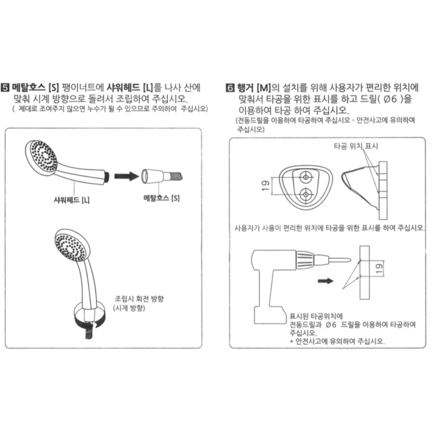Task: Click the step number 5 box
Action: pyautogui.click(x=5, y=88)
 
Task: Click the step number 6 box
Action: pyautogui.click(x=230, y=88)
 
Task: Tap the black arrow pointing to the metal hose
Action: pyautogui.click(x=127, y=176)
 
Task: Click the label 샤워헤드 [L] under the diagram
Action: pyautogui.click(x=72, y=200)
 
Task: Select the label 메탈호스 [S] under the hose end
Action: pyautogui.click(x=162, y=198)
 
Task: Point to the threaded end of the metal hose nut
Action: pyautogui.click(x=175, y=176)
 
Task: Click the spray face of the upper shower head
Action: pyautogui.click(x=44, y=156)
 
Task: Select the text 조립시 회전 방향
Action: pyautogui.click(x=139, y=299)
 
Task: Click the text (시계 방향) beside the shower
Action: pyautogui.click(x=129, y=308)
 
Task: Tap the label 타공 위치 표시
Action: pyautogui.click(x=356, y=146)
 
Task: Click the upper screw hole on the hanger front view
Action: pyautogui.click(x=305, y=177)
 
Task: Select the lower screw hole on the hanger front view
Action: pyautogui.click(x=306, y=194)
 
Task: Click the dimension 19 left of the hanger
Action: pyautogui.click(x=265, y=186)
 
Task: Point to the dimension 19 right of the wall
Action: pyautogui.click(x=379, y=269)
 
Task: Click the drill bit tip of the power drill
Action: pyautogui.click(x=350, y=260)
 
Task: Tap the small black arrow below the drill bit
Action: pyautogui.click(x=325, y=281)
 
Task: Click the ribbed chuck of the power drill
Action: pyautogui.click(x=305, y=259)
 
